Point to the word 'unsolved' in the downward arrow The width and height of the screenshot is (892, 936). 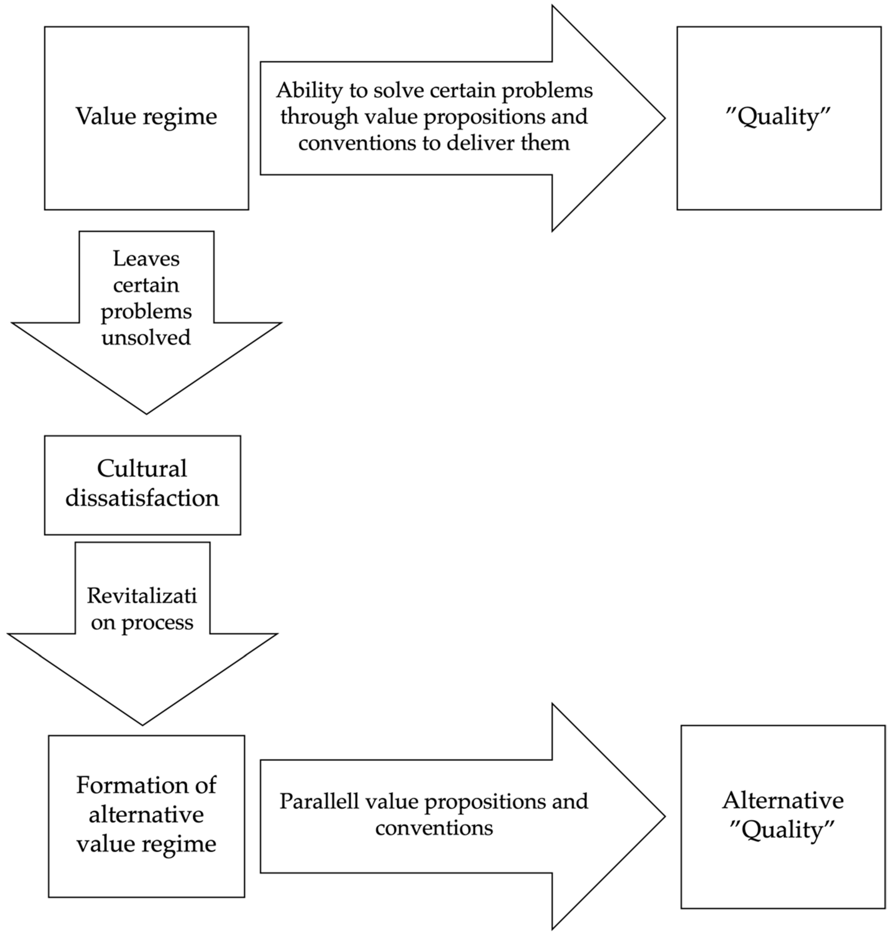[x=146, y=337]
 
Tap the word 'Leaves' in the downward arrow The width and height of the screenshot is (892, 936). [x=146, y=259]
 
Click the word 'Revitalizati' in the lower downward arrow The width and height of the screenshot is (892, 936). [x=142, y=596]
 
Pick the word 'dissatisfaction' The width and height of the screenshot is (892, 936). [x=142, y=498]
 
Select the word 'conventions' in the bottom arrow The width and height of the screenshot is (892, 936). [x=434, y=828]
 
